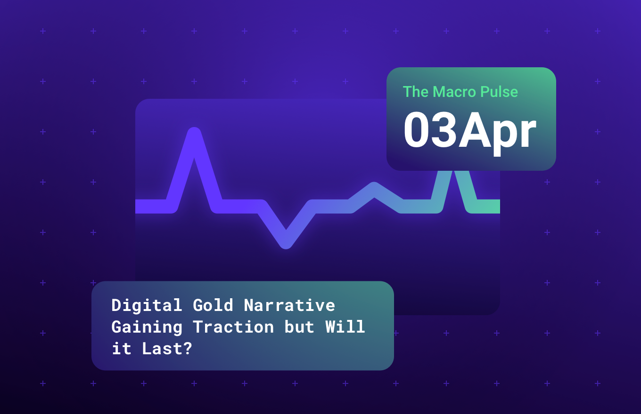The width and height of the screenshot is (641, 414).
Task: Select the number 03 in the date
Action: [x=429, y=131]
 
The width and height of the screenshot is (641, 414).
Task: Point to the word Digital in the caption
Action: [x=147, y=305]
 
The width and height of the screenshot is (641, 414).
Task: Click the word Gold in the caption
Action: [x=213, y=305]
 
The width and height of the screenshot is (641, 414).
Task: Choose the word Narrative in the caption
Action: [x=289, y=305]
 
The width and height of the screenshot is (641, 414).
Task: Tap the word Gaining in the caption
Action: [x=147, y=327]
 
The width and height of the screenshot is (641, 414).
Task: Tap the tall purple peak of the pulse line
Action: [x=194, y=134]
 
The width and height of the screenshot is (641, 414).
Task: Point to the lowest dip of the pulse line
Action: [x=286, y=242]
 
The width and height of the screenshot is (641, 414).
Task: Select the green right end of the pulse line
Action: [x=488, y=207]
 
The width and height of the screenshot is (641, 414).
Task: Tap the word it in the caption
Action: [x=121, y=349]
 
